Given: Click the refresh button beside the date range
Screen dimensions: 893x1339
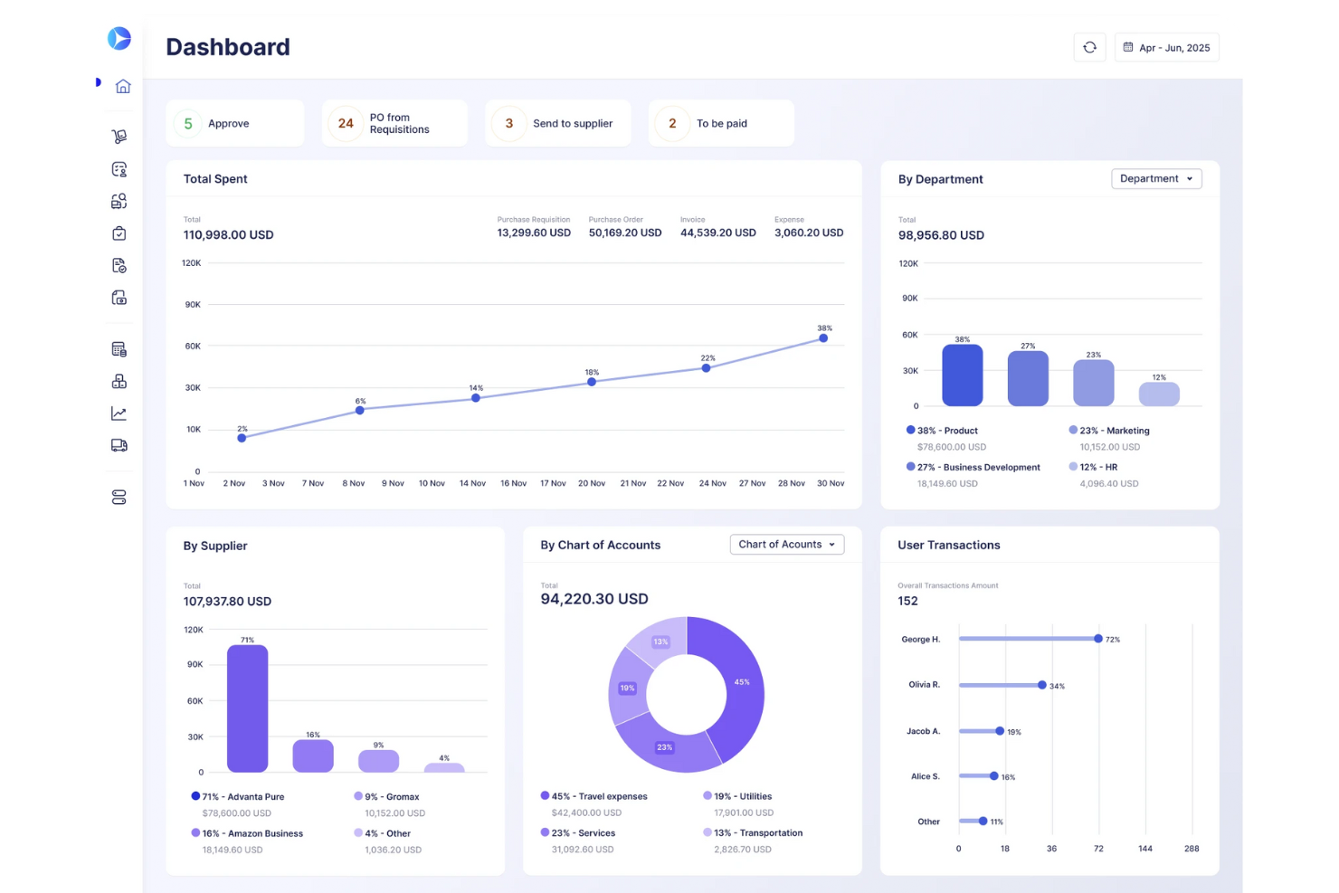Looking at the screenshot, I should coord(1089,48).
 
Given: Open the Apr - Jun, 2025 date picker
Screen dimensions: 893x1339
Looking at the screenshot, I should coord(1166,48).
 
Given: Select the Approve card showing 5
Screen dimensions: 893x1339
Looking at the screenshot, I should coord(234,124).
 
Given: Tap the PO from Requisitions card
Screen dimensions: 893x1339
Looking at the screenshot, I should coord(394,124).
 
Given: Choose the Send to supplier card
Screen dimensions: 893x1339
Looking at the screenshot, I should coord(557,124).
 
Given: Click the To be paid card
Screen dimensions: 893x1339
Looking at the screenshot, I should coord(721,124).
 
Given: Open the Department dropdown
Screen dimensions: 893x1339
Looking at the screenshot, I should coord(1155,179).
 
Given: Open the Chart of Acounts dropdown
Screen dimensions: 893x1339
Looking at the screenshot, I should coord(786,545).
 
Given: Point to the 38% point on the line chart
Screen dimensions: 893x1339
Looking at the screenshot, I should coord(823,338).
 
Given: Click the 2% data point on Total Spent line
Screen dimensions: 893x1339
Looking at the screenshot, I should coord(242,438).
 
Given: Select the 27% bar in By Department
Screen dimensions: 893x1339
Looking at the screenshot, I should coord(1028,378).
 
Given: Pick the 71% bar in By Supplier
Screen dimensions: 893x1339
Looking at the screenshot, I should coord(247,708).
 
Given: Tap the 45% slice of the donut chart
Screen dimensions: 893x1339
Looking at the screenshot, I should coord(735,688).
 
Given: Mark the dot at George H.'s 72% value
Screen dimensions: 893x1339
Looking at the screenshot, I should coord(1098,639).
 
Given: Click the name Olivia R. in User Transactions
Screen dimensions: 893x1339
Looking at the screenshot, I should coord(924,685).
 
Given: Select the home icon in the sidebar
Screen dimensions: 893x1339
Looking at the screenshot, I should coord(123,86).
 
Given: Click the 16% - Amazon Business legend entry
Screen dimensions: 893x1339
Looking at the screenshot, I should coord(252,833).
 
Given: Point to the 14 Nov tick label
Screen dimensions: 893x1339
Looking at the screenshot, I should coord(472,483).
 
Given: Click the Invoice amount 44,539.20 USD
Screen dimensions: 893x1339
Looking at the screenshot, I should coord(717,233).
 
